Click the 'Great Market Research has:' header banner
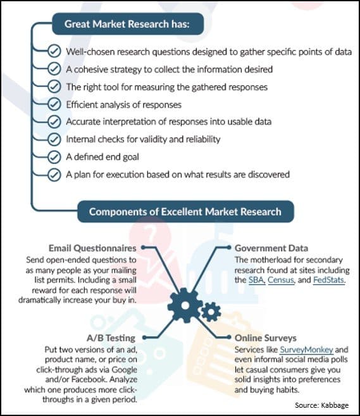click(x=128, y=24)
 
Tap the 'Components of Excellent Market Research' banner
click(x=185, y=211)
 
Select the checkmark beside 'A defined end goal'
click(x=54, y=157)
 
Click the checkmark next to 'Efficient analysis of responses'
click(x=54, y=104)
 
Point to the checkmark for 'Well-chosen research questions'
click(x=54, y=51)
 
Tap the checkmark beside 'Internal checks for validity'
click(x=54, y=139)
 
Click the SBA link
click(x=257, y=280)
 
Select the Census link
click(x=281, y=280)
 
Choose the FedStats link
click(x=328, y=280)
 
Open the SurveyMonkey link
click(x=306, y=350)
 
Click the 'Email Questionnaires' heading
click(x=92, y=248)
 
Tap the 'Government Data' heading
click(x=271, y=248)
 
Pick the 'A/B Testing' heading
click(x=111, y=338)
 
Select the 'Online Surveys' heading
click(x=266, y=338)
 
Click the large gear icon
click(x=185, y=305)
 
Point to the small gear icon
click(x=211, y=312)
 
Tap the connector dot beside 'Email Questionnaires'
click(x=144, y=248)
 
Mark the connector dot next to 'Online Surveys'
click(x=229, y=337)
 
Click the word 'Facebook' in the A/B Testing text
click(x=89, y=379)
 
